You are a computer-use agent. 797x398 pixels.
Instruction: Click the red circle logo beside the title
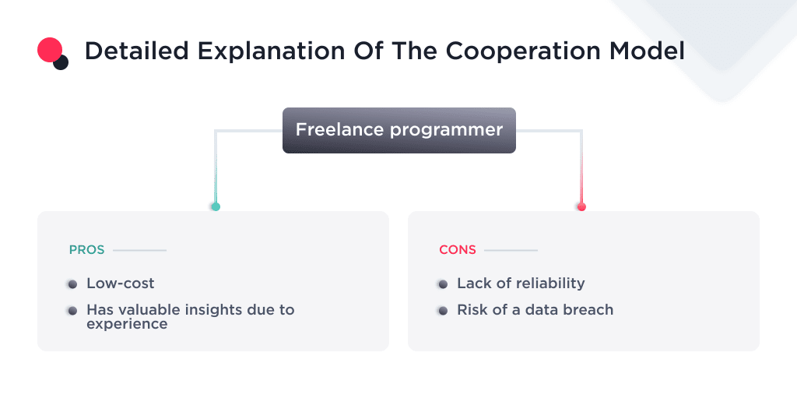(49, 49)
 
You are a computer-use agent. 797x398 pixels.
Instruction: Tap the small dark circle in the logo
(61, 62)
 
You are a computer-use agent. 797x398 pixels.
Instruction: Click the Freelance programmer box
(398, 130)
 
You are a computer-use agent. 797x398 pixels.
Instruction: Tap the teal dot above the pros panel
(216, 206)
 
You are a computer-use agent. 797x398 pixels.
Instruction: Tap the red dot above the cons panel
(581, 206)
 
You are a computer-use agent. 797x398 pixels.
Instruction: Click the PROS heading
(86, 250)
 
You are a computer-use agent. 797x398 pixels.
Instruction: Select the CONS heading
(458, 250)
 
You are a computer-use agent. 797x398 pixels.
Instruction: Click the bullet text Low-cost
(121, 284)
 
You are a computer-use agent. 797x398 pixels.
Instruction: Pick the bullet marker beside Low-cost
(72, 284)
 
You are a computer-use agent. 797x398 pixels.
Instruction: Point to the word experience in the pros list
(127, 323)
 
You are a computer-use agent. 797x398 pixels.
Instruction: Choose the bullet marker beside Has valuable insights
(72, 310)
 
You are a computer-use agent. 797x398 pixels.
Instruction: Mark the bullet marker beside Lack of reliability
(443, 284)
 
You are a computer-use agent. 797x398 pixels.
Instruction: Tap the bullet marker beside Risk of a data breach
(443, 310)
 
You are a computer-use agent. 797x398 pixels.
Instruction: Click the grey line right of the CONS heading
(511, 250)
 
